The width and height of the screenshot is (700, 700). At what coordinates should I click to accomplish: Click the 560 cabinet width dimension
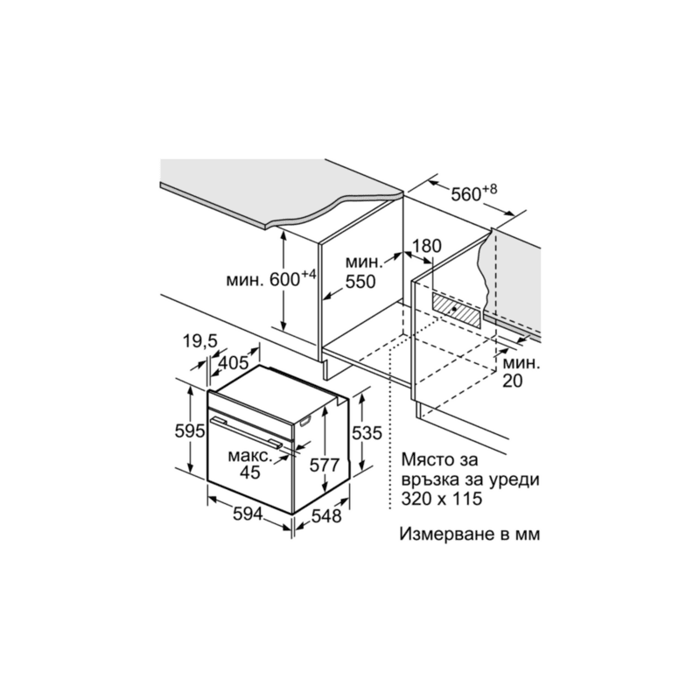point(466,194)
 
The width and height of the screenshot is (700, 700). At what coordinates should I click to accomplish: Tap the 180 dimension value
point(426,246)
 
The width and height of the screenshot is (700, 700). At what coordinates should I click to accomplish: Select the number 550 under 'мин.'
point(360,282)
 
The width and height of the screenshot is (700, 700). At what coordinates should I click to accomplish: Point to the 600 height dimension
point(284,280)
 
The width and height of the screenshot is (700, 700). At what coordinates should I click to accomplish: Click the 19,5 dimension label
point(199,341)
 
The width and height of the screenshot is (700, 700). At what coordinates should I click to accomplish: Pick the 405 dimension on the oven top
point(233,362)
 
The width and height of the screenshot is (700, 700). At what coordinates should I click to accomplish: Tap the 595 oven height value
point(190,431)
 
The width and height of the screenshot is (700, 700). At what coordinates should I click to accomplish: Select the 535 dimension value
point(367,432)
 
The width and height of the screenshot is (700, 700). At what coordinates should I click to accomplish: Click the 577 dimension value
point(325,465)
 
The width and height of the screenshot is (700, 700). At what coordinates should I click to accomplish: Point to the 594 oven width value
point(248,514)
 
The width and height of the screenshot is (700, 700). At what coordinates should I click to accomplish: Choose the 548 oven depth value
point(325,516)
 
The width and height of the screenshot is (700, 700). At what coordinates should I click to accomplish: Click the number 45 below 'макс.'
point(249,472)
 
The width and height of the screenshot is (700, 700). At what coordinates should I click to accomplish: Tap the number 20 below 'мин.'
point(513,381)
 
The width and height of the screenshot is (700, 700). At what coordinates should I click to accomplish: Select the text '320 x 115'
point(442,499)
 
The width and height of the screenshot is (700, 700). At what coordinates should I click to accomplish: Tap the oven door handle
point(246,431)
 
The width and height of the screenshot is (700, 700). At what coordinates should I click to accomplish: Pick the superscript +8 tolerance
point(490,189)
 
